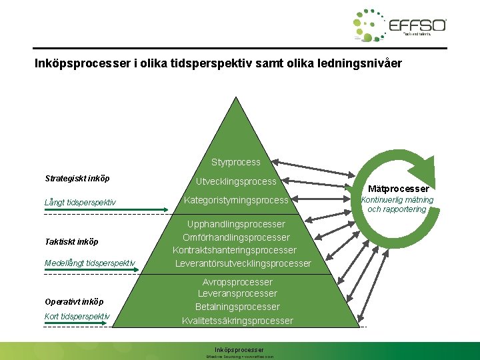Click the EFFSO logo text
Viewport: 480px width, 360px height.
(417, 25)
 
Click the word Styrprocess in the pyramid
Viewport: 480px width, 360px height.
(236, 162)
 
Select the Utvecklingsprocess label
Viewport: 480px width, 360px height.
(236, 181)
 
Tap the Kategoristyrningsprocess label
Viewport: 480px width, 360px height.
(236, 200)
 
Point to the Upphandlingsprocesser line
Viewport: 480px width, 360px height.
(236, 224)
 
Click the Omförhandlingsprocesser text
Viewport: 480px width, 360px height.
(236, 237)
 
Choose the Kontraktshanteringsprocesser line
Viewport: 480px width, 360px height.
(235, 250)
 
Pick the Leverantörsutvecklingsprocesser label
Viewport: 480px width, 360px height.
(243, 263)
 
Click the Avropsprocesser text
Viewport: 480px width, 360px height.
(237, 282)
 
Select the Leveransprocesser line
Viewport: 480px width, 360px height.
(237, 293)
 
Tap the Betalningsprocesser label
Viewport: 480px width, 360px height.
(237, 307)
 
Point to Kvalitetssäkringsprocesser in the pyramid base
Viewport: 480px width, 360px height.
(237, 321)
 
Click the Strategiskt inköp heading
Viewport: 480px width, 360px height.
(77, 179)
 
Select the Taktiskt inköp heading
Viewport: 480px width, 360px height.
(71, 242)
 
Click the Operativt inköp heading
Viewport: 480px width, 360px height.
(74, 301)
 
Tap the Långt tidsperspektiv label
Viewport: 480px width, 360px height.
(80, 202)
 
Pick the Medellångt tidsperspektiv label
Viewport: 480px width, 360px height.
(89, 263)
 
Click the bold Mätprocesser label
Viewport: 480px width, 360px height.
(399, 189)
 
